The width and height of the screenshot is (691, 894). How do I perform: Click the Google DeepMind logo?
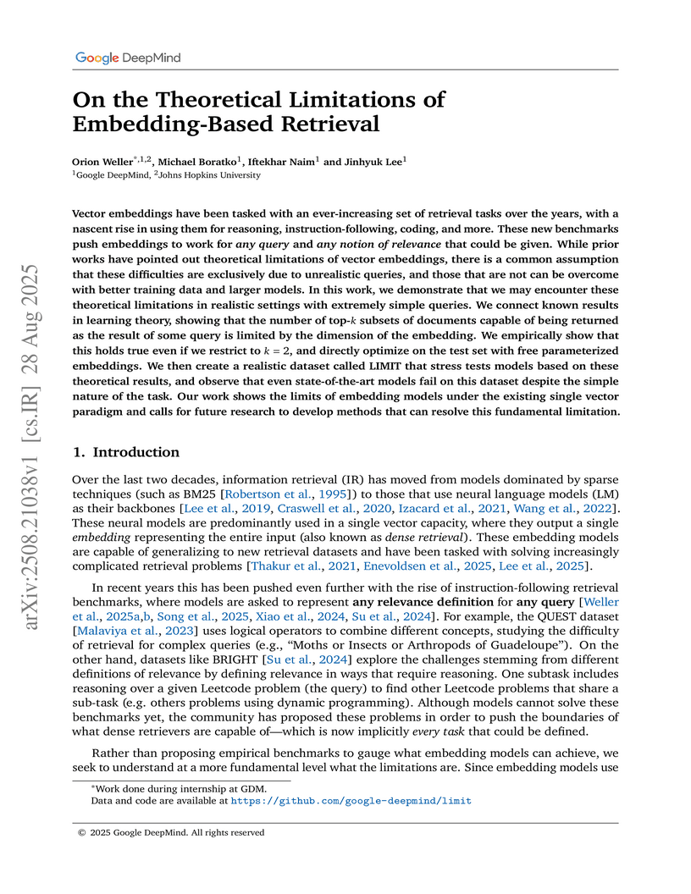(128, 58)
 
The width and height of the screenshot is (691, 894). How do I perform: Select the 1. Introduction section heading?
(126, 452)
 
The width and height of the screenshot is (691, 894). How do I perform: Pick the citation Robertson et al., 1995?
(275, 492)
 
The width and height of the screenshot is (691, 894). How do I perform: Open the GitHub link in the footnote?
(351, 800)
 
